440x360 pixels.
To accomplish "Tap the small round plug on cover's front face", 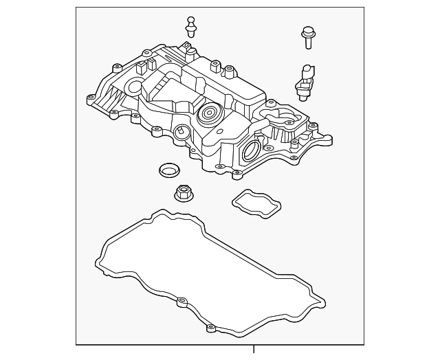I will click(x=181, y=133).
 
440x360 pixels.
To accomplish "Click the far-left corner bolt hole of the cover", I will click(x=90, y=99).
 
